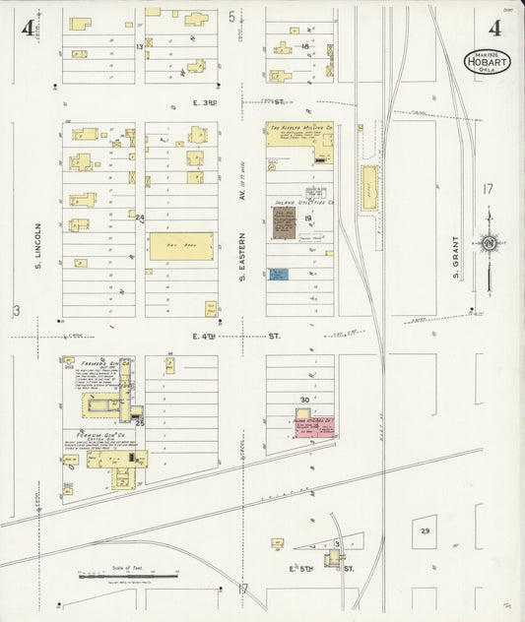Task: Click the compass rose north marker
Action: click(488, 242)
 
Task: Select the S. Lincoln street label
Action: click(36, 243)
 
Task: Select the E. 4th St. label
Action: click(236, 336)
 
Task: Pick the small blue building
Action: click(279, 274)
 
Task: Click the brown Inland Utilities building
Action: click(285, 221)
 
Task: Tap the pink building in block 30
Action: click(314, 426)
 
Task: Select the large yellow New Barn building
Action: click(180, 246)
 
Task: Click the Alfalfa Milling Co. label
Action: click(298, 127)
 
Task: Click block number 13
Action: click(140, 46)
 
